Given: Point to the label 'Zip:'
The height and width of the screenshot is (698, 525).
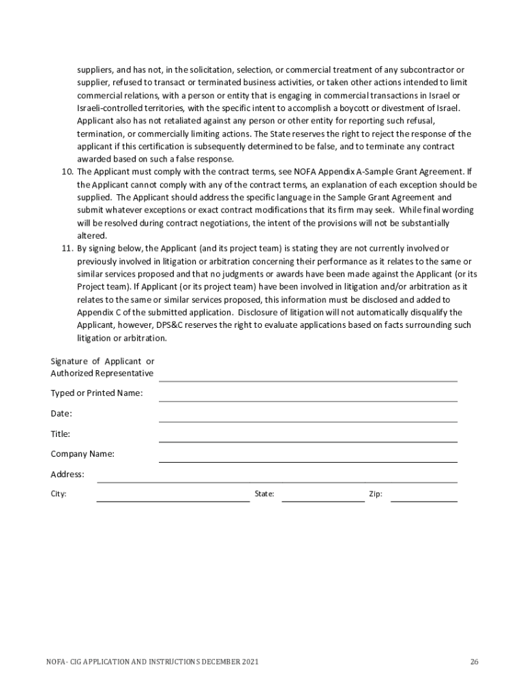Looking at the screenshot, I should tap(376, 494).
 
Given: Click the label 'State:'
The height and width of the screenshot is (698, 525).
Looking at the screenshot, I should tap(264, 494).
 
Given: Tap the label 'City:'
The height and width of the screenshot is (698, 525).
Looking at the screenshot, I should tap(59, 494).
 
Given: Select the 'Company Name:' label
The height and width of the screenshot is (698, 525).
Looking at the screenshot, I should tap(82, 454).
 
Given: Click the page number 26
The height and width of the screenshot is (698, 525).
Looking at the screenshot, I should tap(474, 662).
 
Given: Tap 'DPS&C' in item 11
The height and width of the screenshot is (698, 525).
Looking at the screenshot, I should tap(170, 326).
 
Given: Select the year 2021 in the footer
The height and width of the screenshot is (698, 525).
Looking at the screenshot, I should tap(249, 662).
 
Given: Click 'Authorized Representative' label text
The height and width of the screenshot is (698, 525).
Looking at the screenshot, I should tap(102, 374).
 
